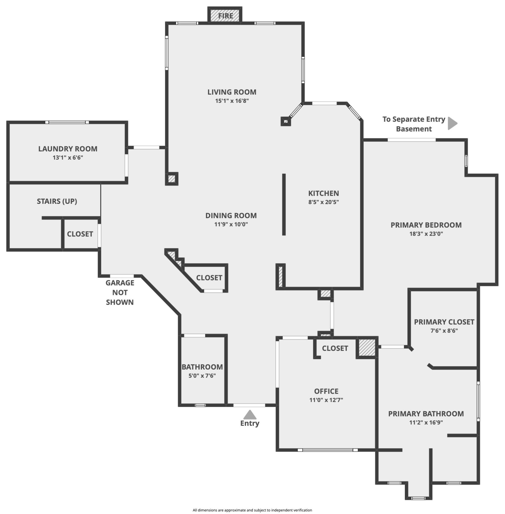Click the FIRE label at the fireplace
[226, 16]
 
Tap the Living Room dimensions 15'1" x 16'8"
[232, 101]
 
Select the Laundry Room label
[68, 149]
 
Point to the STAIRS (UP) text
[57, 201]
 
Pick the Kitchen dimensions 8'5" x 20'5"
[323, 202]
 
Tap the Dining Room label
[231, 215]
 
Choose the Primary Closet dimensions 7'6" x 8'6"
[444, 331]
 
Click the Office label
[326, 391]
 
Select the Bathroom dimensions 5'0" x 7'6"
[202, 376]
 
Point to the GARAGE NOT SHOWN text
[120, 292]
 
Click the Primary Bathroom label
[426, 414]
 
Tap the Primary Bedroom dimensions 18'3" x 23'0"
[426, 234]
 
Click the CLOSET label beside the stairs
[80, 234]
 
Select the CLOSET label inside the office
[335, 348]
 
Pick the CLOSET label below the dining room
[209, 278]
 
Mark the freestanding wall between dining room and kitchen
[284, 204]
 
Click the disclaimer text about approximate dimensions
[252, 510]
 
